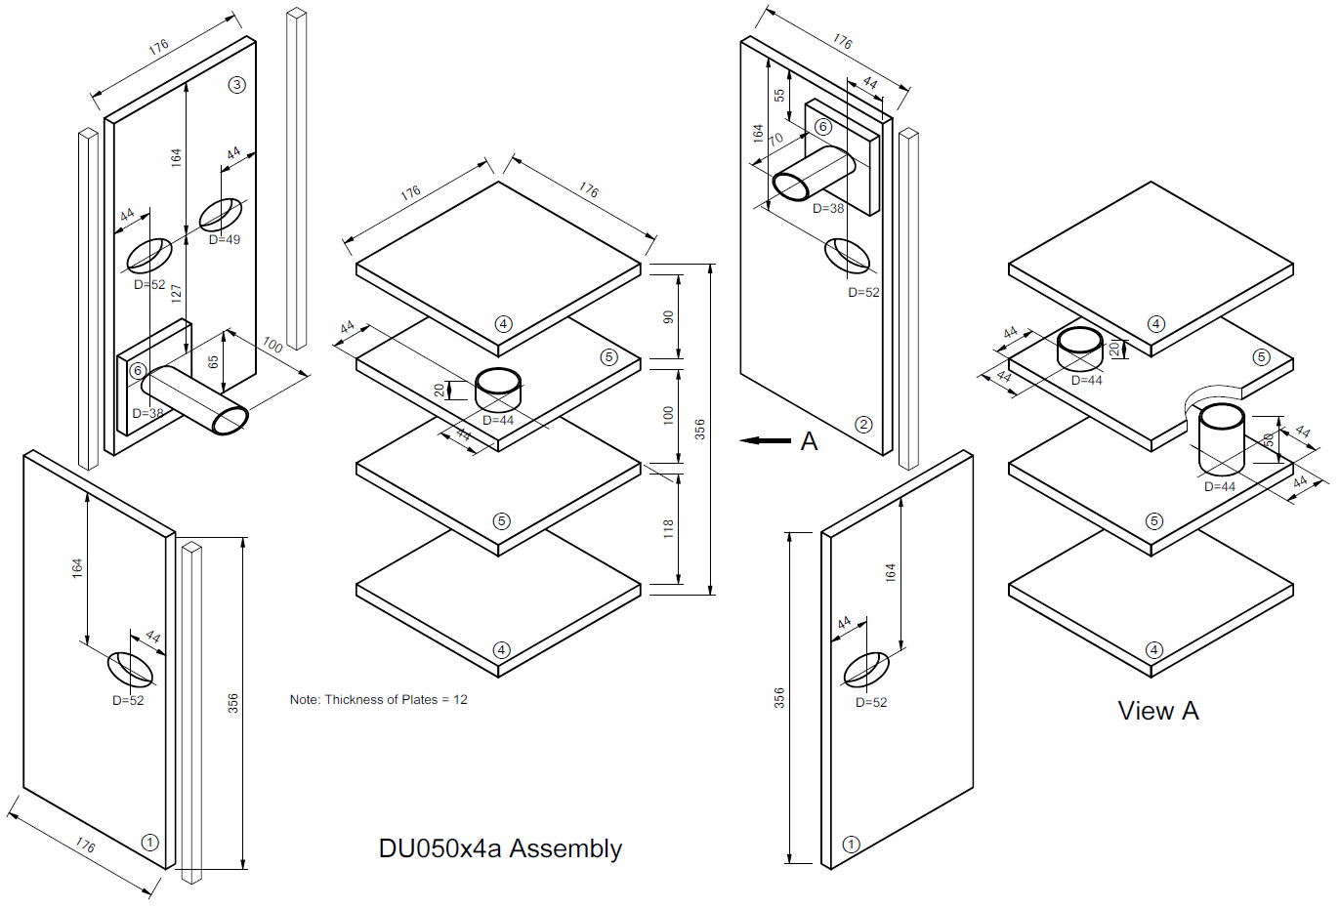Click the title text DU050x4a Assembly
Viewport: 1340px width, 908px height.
coord(500,848)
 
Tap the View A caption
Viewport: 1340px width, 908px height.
coord(1158,711)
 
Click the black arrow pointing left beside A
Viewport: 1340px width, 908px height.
coord(766,441)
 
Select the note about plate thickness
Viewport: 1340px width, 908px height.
coord(378,700)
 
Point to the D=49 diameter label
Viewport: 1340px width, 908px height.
coord(224,240)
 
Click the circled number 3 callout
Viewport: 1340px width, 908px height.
coord(236,85)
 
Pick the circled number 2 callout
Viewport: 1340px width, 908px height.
coord(863,425)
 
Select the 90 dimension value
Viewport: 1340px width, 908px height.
coord(668,317)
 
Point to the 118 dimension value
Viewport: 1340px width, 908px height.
coord(668,529)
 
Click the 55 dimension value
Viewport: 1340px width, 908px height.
coord(778,96)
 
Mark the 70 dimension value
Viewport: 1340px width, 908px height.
coord(775,140)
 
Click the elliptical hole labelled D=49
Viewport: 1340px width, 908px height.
coord(222,214)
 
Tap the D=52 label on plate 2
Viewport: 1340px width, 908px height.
coord(863,293)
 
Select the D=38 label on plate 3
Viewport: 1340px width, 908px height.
coord(147,414)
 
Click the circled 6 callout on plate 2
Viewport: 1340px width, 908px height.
coord(823,127)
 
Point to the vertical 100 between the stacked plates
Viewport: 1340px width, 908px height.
coord(668,415)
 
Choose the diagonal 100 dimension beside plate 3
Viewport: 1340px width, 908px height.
coord(272,345)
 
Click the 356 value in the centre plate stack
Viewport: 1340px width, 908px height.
coord(700,429)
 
